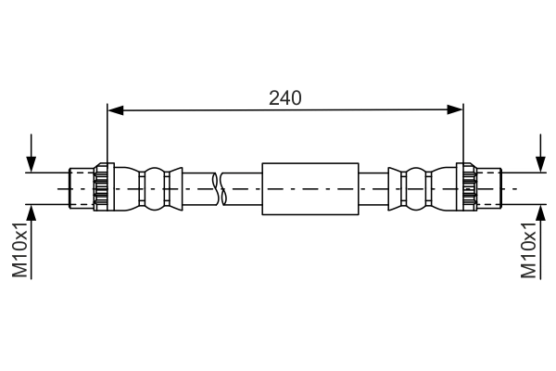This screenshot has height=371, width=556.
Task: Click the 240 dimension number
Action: tap(285, 96)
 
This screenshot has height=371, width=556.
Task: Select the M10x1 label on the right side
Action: tap(529, 249)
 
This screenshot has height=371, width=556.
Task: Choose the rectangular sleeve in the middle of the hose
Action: tap(310, 188)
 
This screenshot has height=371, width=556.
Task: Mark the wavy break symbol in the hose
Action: tap(220, 188)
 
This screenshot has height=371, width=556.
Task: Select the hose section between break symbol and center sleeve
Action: tap(243, 188)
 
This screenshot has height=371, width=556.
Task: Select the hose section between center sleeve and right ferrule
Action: tap(373, 188)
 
